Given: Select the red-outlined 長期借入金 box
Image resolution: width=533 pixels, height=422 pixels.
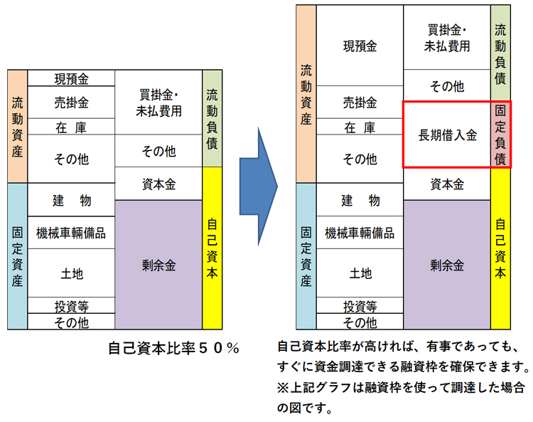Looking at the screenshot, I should [447, 135].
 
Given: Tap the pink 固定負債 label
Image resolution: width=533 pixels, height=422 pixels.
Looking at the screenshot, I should [500, 135].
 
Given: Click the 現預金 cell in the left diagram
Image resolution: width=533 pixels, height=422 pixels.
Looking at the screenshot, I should [71, 78].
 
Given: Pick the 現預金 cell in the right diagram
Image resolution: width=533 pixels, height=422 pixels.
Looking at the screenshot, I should [360, 46].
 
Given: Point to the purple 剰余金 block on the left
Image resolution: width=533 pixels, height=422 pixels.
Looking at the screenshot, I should [158, 265].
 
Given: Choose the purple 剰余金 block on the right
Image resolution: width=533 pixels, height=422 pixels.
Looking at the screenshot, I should [447, 265].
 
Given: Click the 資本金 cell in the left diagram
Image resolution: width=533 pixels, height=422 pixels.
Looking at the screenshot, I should [158, 184].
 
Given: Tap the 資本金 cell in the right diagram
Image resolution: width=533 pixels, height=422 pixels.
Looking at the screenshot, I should [447, 184].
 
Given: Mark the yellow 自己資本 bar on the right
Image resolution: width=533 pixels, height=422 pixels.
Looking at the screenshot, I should [500, 249].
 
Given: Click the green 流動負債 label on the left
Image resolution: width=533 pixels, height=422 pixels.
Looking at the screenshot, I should [212, 118].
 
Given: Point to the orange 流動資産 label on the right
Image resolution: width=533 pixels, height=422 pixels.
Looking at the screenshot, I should [306, 94].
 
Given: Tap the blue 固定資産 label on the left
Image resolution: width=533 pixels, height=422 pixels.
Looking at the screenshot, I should [17, 256].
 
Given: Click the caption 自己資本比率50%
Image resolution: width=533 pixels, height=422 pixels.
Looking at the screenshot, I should [173, 349].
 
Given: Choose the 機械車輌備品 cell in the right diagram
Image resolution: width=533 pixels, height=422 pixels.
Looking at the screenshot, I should [360, 233].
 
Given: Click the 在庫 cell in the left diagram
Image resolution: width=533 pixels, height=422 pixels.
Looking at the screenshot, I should [71, 127].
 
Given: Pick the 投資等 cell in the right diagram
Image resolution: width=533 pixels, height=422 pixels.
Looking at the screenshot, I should [360, 307].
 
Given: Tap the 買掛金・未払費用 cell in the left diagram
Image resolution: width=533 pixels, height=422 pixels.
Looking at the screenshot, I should [158, 102].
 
